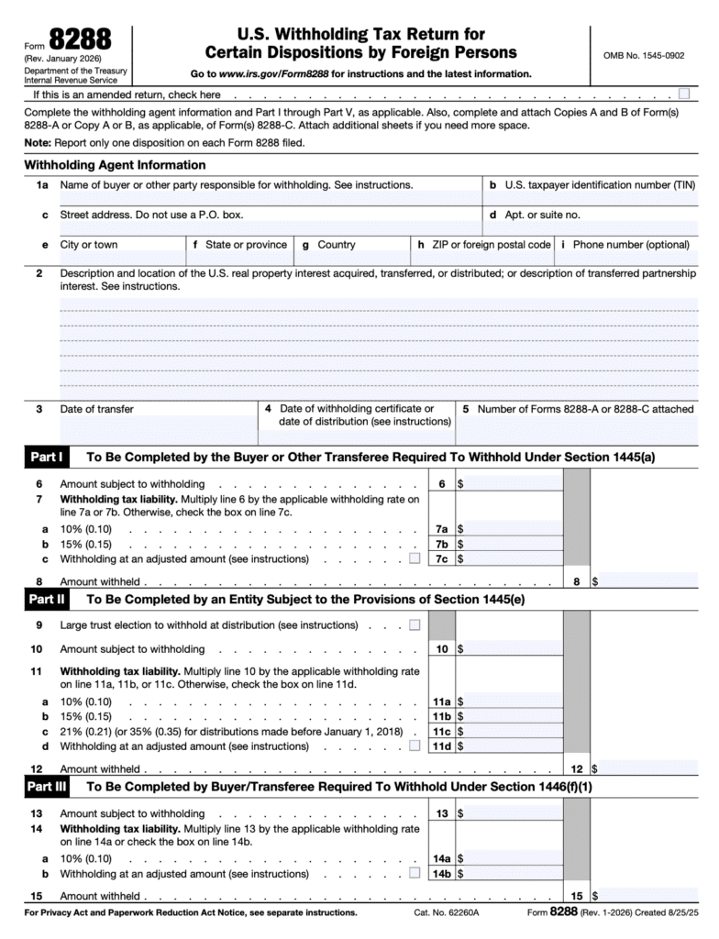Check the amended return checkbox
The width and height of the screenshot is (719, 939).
[684, 94]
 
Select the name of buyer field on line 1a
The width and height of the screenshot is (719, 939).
[270, 198]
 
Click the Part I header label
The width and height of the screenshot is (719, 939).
[45, 456]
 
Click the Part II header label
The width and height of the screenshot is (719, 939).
[46, 600]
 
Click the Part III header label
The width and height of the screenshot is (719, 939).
[47, 786]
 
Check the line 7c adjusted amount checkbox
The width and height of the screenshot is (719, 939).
[415, 558]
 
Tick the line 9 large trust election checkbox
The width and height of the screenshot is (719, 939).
[415, 625]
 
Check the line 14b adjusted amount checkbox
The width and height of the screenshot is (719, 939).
[415, 874]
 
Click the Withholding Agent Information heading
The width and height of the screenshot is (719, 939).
[115, 165]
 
